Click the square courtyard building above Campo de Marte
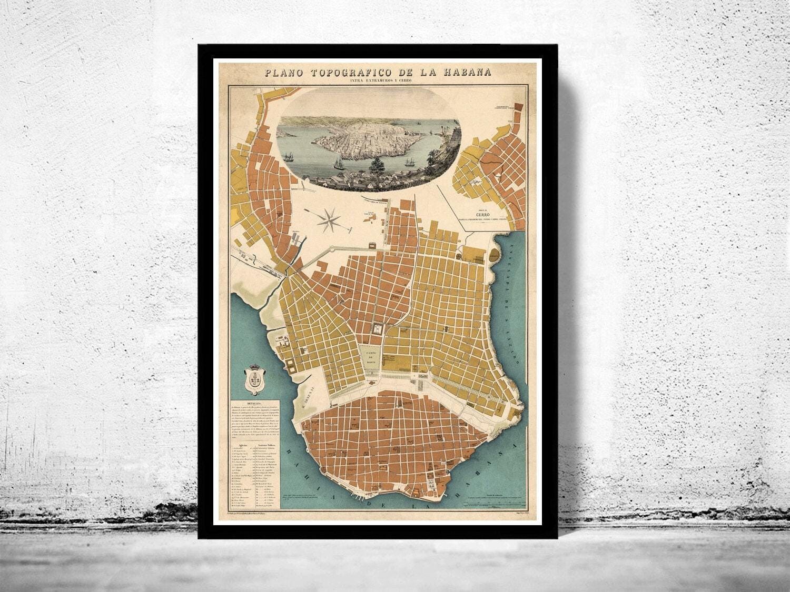click(377, 329)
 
